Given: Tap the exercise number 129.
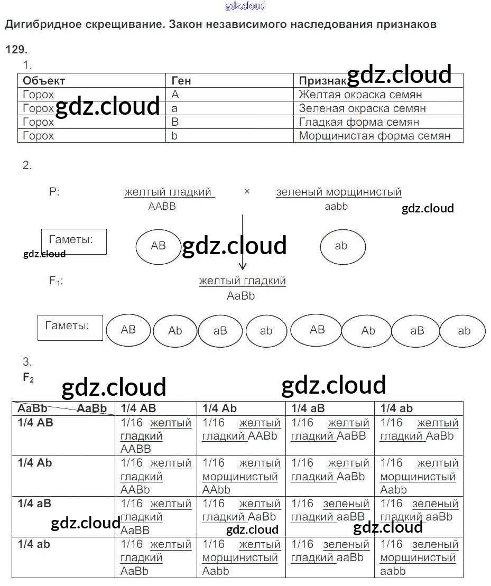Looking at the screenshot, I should coord(16,50).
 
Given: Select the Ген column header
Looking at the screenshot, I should coord(181,81).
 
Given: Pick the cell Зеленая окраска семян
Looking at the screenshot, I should coord(362,108).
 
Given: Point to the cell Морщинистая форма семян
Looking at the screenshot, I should coord(374,136).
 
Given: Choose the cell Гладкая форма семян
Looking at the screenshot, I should coord(359,122).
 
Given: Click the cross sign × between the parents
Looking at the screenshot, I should coord(247,192).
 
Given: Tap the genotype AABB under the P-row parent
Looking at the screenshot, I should coord(162,207).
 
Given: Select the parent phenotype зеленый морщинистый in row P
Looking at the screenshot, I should coord(338,192).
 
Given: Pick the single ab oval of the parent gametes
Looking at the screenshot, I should coord(341,246).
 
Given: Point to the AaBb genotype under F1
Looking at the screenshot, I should coord(240,296).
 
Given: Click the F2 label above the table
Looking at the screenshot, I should coord(28,378).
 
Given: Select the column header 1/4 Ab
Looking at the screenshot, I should coord(219,408).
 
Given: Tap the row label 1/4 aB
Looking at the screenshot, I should coord(34,504).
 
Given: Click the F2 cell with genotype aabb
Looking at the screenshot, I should coord(418,557).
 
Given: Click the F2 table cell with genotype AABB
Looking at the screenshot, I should coord(156,436).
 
